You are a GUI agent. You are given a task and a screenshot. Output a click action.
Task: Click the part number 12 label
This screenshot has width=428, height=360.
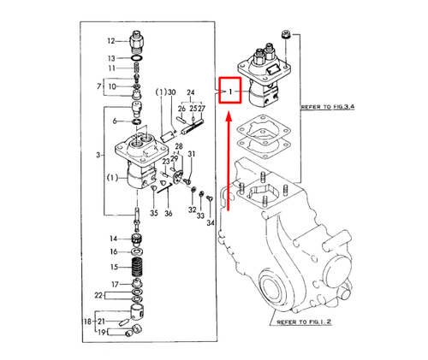coord(110,40)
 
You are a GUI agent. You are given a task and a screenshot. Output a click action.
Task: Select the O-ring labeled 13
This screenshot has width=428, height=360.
coord(138,57)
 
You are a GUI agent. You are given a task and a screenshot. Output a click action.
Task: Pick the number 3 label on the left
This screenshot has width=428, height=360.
coord(99,154)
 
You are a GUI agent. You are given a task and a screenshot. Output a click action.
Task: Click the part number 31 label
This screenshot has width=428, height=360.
coord(192,154)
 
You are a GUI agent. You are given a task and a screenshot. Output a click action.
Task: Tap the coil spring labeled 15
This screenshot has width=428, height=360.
coord(136,268)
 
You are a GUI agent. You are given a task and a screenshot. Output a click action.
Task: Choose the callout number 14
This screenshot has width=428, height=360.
coord(112,238)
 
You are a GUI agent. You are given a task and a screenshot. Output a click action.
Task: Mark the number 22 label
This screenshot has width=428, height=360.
coord(99,294)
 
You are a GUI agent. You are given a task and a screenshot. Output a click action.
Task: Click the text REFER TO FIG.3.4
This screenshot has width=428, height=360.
coord(332,109)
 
